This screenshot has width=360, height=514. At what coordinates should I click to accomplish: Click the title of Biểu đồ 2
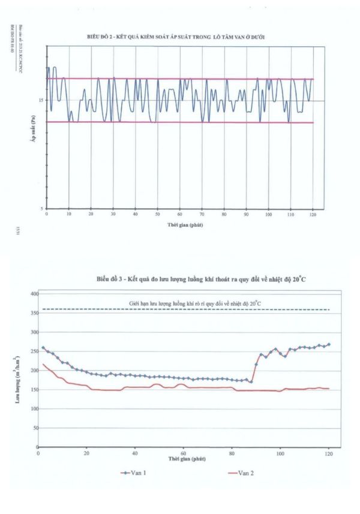coord(176,37)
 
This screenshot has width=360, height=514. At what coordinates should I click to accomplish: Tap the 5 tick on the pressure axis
coord(41,208)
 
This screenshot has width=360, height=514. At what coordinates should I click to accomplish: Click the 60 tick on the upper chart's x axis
coord(179,214)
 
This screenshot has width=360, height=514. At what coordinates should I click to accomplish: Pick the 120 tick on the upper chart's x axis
coord(313,214)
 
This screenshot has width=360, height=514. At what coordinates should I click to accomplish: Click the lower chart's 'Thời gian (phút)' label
coord(184,459)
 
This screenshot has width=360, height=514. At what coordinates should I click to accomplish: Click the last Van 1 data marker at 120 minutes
coord(329,344)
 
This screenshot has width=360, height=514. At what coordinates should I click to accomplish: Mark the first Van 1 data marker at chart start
coord(43,348)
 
